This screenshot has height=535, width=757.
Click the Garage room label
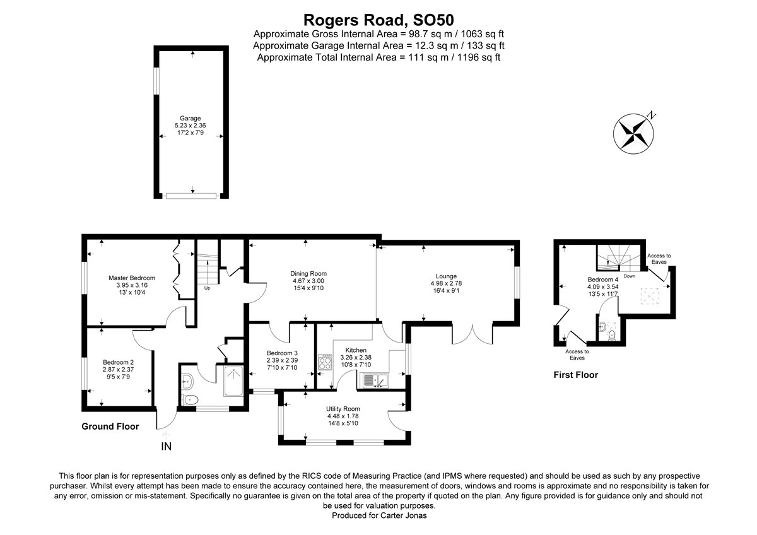coord(191,118)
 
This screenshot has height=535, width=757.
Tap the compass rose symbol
coord(633,134)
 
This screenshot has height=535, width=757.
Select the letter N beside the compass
coord(651,115)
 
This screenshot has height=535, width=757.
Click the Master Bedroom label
coord(132,278)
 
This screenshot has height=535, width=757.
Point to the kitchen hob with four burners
coord(325,362)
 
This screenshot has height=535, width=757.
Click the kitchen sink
coord(376,380)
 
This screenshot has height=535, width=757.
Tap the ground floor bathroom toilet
coord(189,400)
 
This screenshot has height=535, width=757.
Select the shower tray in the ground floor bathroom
coord(233,381)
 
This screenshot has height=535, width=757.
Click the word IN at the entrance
coord(167,447)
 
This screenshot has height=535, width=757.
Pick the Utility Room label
coord(343,409)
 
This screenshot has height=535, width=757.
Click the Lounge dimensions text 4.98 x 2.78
coord(446,283)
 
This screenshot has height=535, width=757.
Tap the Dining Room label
coord(308,273)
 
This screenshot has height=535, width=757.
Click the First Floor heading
coord(576,375)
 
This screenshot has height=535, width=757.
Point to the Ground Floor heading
coord(110,426)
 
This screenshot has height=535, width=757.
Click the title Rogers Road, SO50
coord(378,20)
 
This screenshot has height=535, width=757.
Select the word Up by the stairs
coord(207,288)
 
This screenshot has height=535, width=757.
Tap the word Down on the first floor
coord(630,276)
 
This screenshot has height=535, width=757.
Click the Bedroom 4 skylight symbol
coord(650,297)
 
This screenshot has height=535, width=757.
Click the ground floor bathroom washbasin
coord(187,380)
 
